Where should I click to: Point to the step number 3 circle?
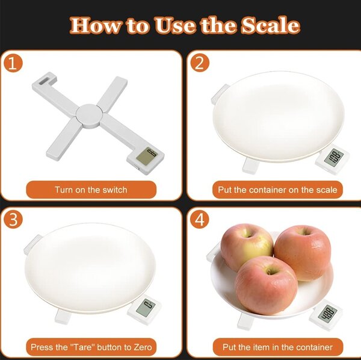coord(13,219)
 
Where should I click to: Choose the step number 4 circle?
coord(200,219)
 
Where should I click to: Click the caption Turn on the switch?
coord(91,190)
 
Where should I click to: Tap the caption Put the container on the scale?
coord(277,190)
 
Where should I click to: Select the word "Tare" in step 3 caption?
coord(82,347)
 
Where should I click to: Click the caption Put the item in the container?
coord(277,347)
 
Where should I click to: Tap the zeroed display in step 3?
coord(146,308)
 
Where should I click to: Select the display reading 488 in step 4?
coord(327,313)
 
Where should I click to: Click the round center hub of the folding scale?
coord(88,116)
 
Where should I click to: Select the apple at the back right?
coord(303,252)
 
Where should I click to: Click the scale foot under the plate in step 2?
coord(250,166)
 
